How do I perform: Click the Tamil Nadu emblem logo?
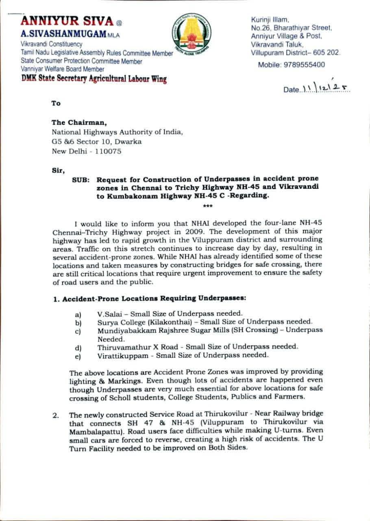tap(191, 36)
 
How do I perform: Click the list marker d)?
tap(78, 348)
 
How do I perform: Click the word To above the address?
tap(56, 103)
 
